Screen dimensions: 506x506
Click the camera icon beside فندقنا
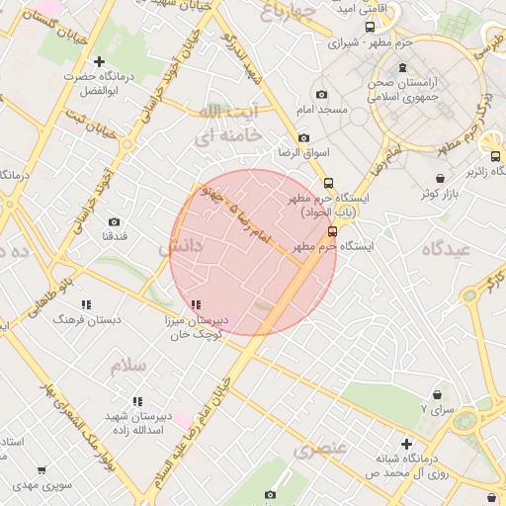click(114, 222)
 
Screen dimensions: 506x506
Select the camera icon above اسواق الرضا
click(302, 137)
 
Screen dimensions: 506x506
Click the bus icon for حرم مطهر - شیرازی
click(370, 29)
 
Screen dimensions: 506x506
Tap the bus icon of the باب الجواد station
click(329, 183)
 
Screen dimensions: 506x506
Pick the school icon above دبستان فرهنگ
click(86, 304)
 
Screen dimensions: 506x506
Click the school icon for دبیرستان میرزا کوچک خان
click(196, 304)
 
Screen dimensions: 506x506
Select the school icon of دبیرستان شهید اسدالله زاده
click(136, 400)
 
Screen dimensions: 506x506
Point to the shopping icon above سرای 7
click(437, 394)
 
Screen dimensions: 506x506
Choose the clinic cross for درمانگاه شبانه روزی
click(405, 444)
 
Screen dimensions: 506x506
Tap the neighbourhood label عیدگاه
click(447, 250)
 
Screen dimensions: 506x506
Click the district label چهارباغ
click(288, 12)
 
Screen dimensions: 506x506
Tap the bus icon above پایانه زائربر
click(495, 155)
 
